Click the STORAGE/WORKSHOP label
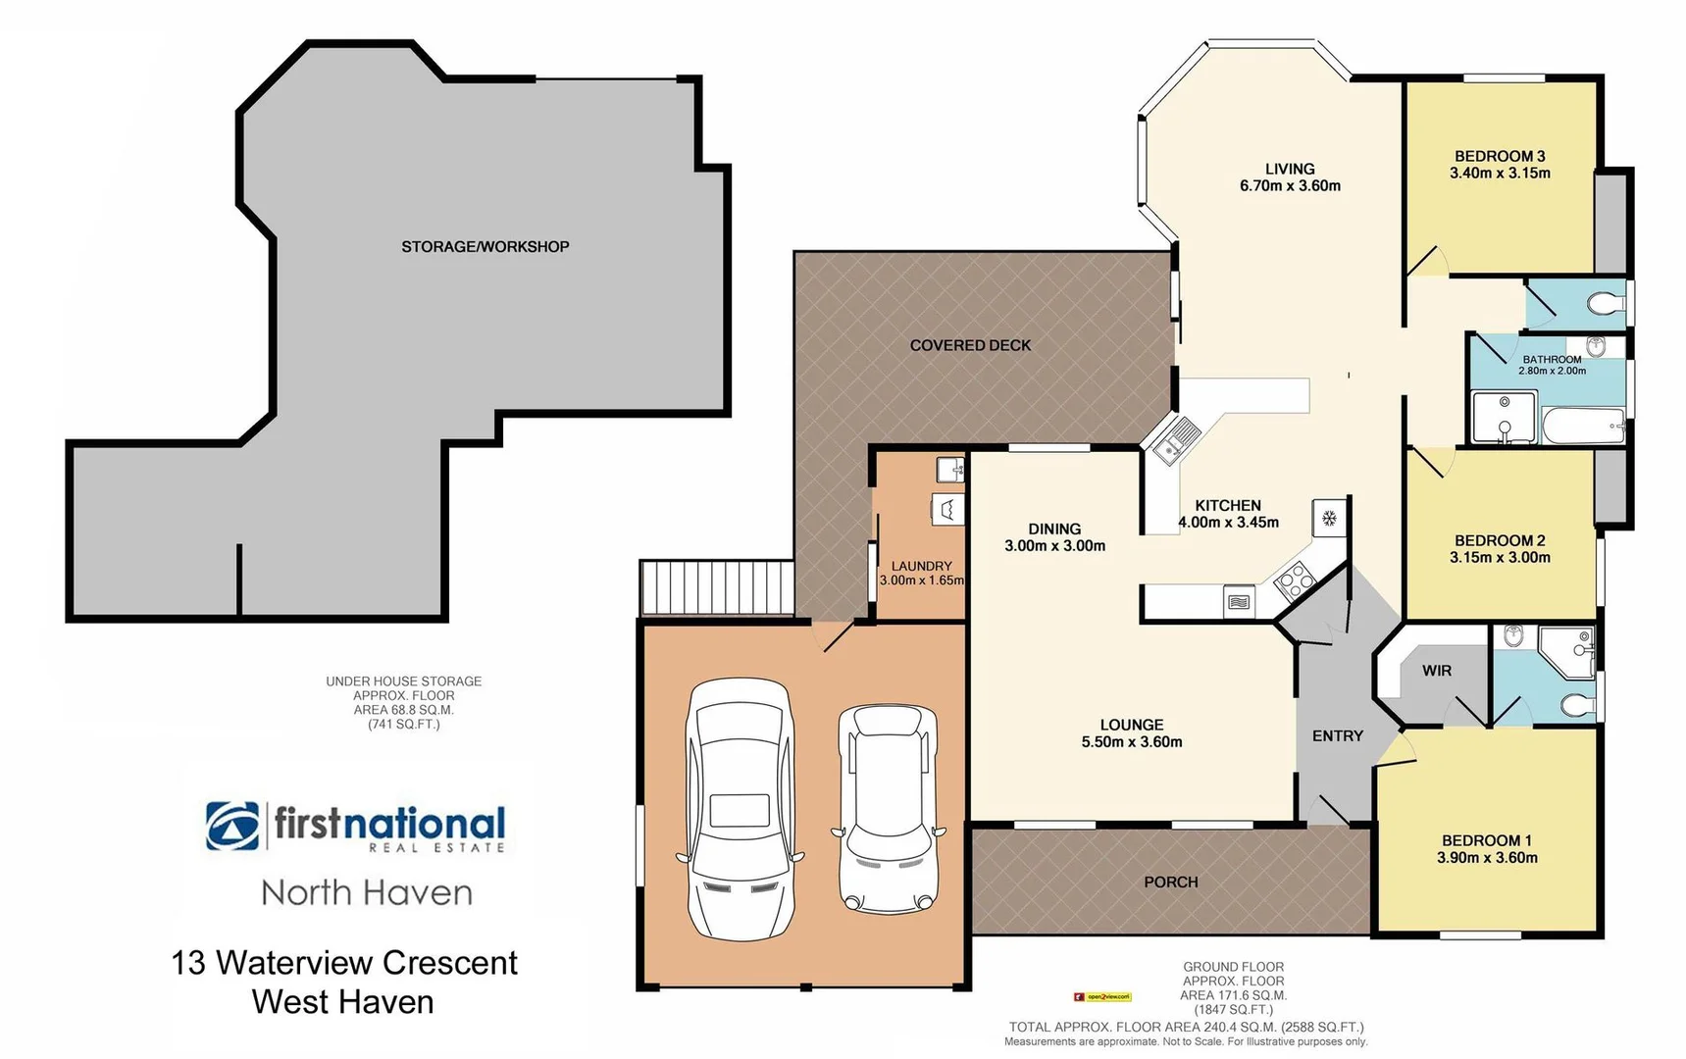click(485, 247)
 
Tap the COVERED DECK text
click(970, 345)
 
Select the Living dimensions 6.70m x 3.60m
click(1290, 185)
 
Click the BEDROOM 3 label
click(1500, 156)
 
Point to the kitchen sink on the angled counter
click(1176, 438)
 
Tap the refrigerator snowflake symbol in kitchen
click(1330, 518)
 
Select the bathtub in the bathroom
click(1583, 427)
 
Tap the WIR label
click(1437, 671)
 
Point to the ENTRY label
click(1338, 735)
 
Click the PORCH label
click(1171, 882)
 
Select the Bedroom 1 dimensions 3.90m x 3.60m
click(1487, 858)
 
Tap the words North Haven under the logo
click(367, 893)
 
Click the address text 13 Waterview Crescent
click(344, 963)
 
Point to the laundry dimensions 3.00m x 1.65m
click(922, 580)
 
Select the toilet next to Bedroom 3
click(1606, 303)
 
